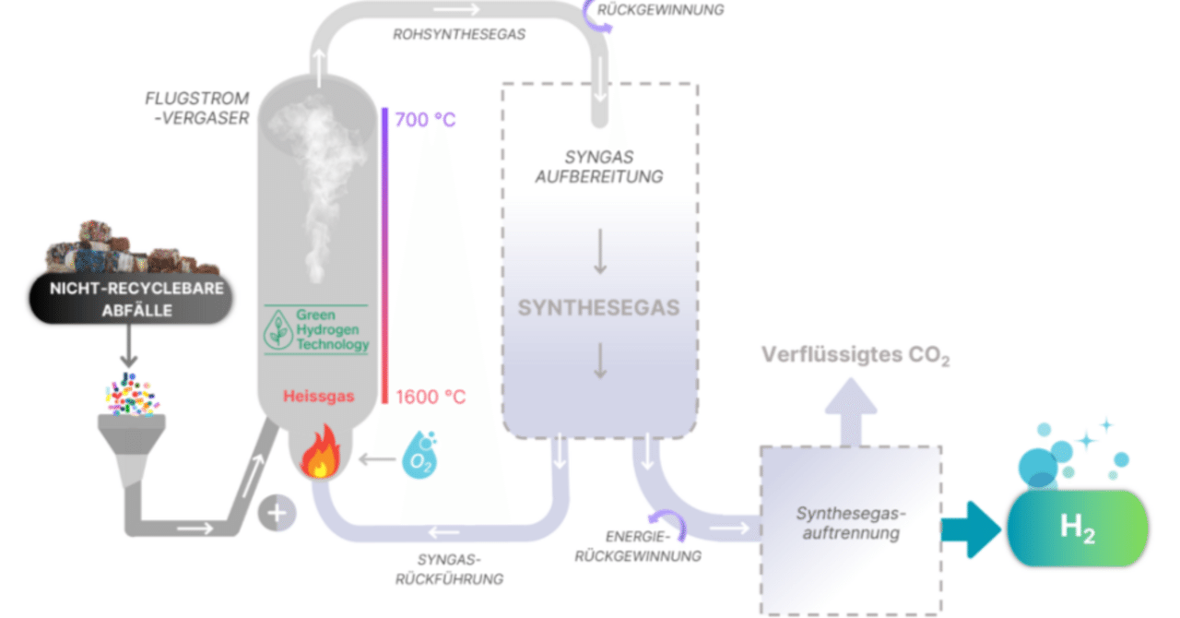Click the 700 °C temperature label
425,120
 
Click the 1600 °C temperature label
431,398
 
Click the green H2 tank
1078,529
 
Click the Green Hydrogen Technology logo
316,330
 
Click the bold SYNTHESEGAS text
598,307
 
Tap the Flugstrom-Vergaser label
196,107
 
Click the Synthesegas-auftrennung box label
851,524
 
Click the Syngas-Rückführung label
449,569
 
